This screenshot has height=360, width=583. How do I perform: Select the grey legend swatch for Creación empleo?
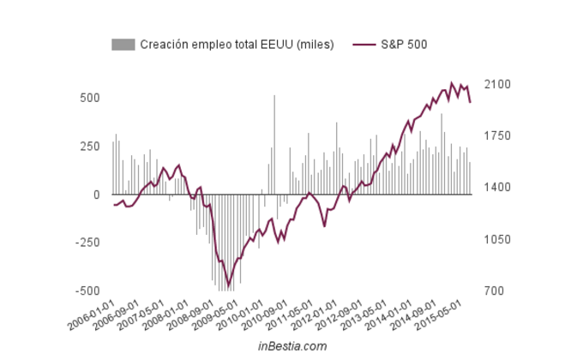(x=123, y=45)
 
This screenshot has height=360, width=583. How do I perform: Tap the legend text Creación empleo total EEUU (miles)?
(x=237, y=45)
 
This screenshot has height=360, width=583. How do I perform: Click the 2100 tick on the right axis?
(x=497, y=85)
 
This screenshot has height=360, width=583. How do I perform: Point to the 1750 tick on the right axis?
(x=497, y=136)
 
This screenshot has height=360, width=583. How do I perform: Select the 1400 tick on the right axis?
(x=497, y=188)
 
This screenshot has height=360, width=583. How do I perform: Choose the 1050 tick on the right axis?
(x=497, y=239)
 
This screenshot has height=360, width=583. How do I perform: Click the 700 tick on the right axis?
(x=495, y=291)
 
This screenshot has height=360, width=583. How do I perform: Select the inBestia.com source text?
(x=292, y=346)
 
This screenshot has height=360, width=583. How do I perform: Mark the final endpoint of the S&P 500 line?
(x=470, y=102)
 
